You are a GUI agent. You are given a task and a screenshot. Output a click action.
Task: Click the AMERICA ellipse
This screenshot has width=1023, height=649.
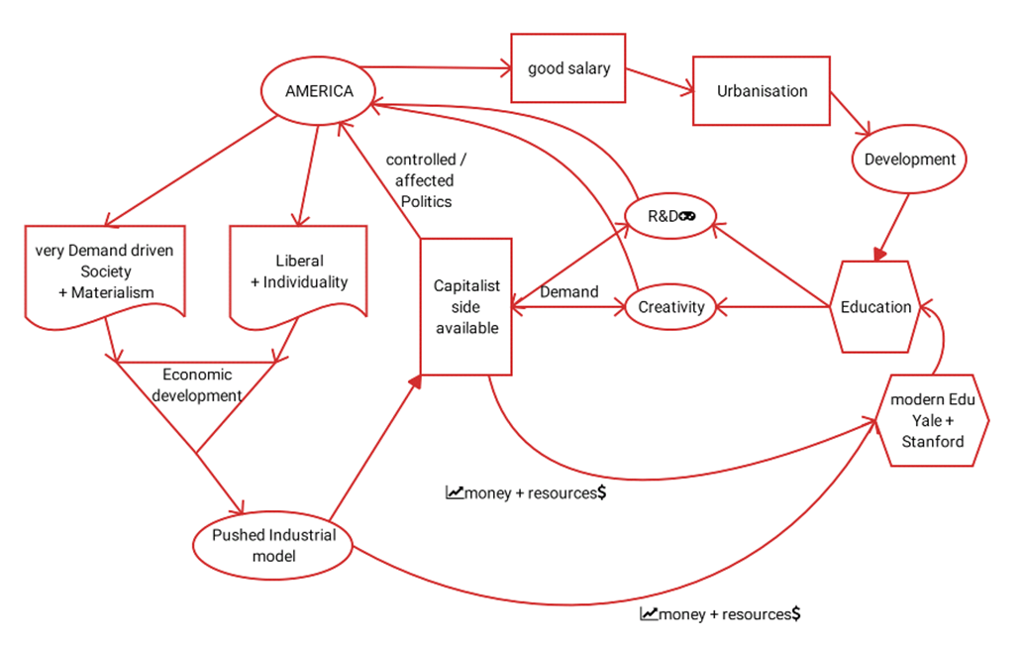[x=319, y=91]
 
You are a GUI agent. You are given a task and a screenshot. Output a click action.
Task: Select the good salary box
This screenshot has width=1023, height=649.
[x=568, y=68]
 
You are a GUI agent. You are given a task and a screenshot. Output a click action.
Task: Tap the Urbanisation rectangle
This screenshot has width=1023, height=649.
[x=762, y=91]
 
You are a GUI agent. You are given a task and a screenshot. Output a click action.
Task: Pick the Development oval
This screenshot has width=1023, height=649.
[x=909, y=160]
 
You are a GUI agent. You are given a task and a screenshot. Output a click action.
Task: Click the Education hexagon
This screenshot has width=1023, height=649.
[x=875, y=307]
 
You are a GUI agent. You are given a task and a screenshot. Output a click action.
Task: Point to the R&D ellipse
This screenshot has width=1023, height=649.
[x=670, y=217]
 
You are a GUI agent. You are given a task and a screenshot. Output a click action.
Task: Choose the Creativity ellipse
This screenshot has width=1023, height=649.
[x=670, y=307]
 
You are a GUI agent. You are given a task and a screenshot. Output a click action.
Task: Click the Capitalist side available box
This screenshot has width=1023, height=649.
[x=466, y=306]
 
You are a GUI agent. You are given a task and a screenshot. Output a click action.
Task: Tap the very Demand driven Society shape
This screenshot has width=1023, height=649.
[x=104, y=273]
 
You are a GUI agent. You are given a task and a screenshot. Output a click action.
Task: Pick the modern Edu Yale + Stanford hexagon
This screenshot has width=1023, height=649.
[x=932, y=420]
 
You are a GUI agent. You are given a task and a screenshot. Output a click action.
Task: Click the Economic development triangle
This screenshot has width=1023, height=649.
[x=197, y=396]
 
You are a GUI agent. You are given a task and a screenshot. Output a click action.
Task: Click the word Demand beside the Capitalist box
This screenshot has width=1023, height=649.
[x=568, y=292]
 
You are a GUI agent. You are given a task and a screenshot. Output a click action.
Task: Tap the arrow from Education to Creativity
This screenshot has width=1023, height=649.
[x=772, y=307]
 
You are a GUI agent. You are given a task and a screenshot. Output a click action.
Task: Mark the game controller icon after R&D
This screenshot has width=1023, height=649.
[x=687, y=217]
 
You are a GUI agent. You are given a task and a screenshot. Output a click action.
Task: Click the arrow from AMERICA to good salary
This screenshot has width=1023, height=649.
[x=436, y=68]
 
